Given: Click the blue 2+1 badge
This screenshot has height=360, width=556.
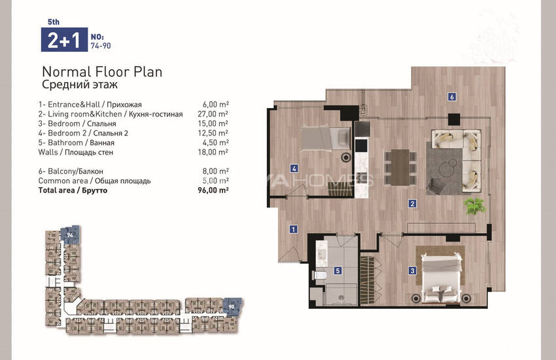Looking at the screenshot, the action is pos(64,39).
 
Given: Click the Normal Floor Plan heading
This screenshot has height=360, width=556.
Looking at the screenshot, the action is pos(102,72).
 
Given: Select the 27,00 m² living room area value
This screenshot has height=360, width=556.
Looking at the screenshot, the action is pos(213,114).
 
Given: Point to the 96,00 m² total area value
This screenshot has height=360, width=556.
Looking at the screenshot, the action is pos(213,190).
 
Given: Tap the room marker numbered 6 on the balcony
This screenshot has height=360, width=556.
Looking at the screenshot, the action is pos(451,96).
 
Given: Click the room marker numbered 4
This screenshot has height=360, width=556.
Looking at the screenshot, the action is pos(294,168).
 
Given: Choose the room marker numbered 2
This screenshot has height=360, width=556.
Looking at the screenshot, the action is pos(412,204).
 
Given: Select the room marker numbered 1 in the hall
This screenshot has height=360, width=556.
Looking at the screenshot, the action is pos(293,229).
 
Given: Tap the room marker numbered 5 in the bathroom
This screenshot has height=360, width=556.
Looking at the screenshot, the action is pos(338,270).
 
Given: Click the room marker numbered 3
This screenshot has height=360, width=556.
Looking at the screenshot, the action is pos(412,270).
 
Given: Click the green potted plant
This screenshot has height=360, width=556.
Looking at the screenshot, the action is pos(475,206).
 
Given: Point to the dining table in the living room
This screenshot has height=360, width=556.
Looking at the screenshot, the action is pos(400,167).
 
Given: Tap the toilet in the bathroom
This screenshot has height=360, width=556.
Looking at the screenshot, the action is pos(319,275).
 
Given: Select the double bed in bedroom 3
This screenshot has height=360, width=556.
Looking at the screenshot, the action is pos(442,278).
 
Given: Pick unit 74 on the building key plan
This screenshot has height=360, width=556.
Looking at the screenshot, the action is pos(70,234).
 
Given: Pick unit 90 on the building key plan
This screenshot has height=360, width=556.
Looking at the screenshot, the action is pos(232,306).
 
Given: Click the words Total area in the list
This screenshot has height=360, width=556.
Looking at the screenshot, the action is pos(57,190).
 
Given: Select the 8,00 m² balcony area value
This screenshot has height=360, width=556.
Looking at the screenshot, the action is pos(215,171).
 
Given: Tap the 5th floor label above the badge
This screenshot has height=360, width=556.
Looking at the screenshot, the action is pos(54,22).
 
